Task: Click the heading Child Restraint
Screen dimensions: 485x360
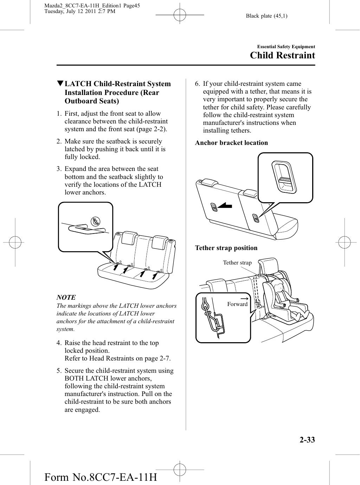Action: coord(282,56)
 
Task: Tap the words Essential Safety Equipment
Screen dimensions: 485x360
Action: coord(286,47)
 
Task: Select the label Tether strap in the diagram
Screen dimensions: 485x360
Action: coord(237,263)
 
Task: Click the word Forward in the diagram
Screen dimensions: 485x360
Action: coord(237,304)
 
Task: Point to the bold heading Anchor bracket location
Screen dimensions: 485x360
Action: coord(231,143)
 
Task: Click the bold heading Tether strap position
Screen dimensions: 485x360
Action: coord(226,248)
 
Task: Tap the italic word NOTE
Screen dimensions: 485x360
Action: coord(66,298)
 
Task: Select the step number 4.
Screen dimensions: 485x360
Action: coord(59,343)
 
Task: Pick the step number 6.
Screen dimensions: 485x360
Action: coord(198,84)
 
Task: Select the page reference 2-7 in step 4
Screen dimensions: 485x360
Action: coord(164,358)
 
